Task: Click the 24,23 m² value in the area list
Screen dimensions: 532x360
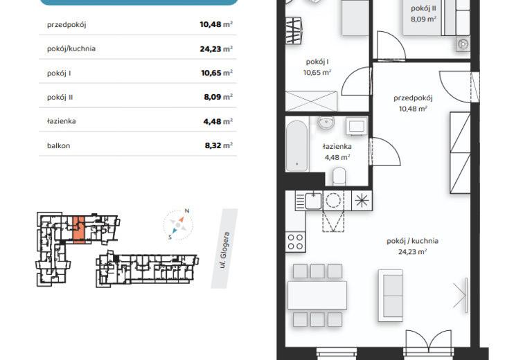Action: [216, 49]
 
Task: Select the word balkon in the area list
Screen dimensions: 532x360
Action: [58, 146]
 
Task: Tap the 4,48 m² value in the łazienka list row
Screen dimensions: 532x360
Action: [218, 121]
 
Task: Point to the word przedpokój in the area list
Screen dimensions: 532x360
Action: [66, 25]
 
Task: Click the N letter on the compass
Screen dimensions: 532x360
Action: [186, 211]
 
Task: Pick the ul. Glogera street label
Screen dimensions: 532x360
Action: [224, 250]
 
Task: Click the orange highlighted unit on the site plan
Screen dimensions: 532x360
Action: [79, 229]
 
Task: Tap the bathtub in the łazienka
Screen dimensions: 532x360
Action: [296, 145]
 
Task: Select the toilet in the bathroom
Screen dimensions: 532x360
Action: [339, 177]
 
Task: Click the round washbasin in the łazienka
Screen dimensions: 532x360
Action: [326, 123]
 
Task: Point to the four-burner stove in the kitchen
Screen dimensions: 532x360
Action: [295, 242]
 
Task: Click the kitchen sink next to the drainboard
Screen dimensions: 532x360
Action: [313, 201]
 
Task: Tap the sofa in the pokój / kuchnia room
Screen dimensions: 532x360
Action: [390, 296]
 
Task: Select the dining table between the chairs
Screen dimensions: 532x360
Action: [317, 295]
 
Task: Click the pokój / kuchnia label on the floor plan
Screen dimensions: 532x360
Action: [412, 241]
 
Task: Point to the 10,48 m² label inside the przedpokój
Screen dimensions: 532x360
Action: [413, 109]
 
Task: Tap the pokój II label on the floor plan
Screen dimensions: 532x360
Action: [423, 8]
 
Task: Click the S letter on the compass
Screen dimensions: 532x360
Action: [170, 237]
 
